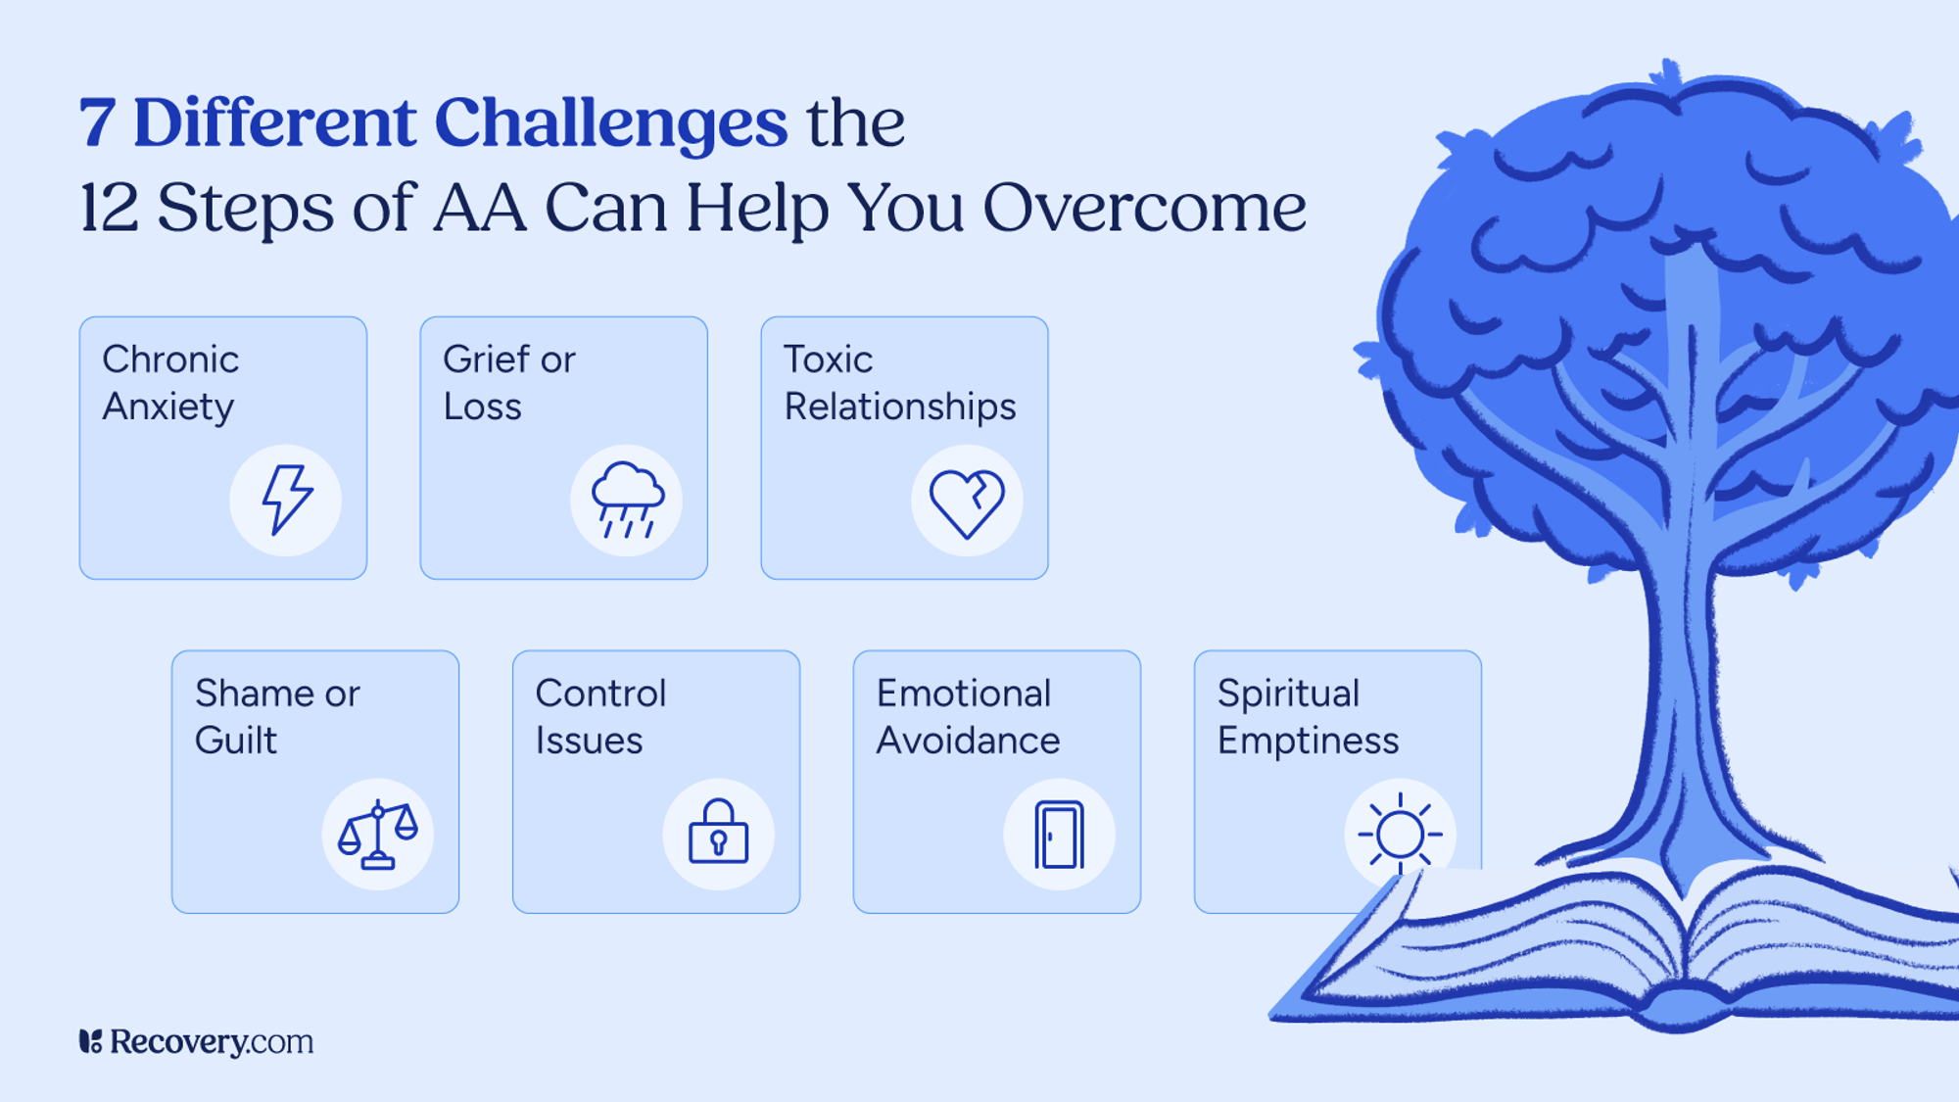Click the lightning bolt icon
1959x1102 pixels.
click(286, 501)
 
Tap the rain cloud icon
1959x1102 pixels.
click(627, 501)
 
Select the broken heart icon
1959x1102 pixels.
click(967, 503)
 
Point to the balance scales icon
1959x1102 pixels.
click(378, 836)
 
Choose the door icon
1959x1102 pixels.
click(1059, 836)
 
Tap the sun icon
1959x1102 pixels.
click(1400, 835)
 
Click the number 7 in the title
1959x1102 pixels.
click(97, 124)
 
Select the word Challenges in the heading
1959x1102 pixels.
click(610, 124)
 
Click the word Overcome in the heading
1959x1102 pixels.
click(1144, 208)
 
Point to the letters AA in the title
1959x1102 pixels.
click(480, 208)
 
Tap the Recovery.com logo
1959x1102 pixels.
click(197, 1041)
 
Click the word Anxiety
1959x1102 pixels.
click(168, 407)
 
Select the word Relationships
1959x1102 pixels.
click(899, 407)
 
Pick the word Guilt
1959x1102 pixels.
click(235, 741)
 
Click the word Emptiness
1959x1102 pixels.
click(1308, 742)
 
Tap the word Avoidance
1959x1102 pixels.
click(968, 741)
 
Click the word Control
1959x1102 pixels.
click(600, 694)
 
